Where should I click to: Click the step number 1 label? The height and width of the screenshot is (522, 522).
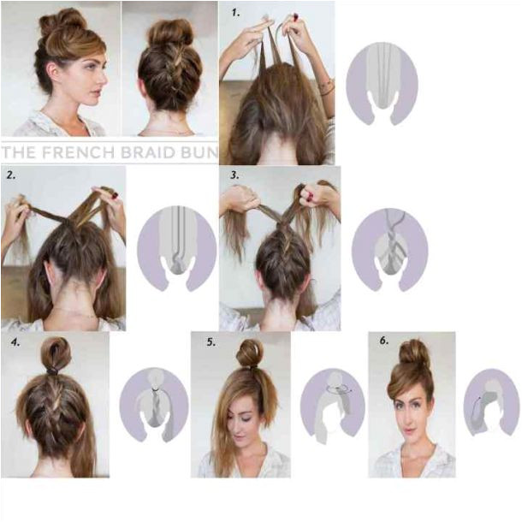235,13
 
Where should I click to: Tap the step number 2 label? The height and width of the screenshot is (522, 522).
11,175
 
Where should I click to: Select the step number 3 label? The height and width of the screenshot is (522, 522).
234,175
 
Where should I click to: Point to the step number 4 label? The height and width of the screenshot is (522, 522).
15,342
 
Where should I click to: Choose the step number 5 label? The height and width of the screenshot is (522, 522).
211,342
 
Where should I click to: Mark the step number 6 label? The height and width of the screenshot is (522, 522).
384,341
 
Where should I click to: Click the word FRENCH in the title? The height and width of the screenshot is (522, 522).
79,152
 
